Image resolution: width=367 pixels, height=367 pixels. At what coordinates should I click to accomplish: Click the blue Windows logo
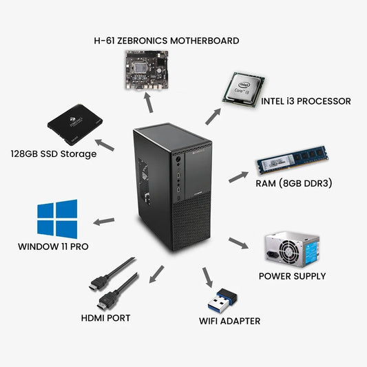click(57, 219)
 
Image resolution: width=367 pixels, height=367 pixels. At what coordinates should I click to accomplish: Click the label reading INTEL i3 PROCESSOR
click(306, 101)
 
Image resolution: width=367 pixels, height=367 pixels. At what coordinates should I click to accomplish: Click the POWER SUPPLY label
click(292, 276)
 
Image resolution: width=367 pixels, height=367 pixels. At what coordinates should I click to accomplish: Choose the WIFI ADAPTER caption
click(230, 321)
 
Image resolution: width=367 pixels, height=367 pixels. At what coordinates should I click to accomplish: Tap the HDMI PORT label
click(105, 318)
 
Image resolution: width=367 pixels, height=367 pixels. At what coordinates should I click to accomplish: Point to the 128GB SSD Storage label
click(53, 154)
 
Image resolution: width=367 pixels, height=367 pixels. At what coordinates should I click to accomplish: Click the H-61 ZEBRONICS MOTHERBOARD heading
click(167, 41)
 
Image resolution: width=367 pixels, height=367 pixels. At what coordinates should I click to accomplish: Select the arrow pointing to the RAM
click(238, 176)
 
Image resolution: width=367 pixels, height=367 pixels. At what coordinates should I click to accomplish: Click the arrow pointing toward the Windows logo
click(104, 221)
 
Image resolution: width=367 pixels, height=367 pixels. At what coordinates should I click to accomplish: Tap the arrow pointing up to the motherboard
click(147, 103)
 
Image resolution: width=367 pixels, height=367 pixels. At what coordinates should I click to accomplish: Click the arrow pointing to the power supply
click(238, 243)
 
